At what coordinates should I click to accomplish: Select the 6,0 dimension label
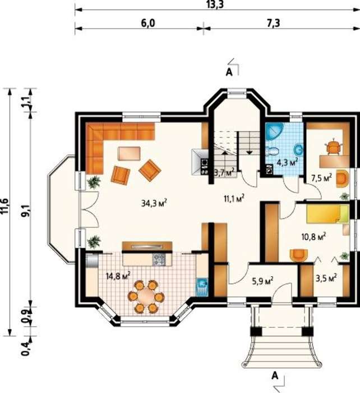[x=148, y=23]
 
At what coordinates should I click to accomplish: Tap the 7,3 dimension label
[x=273, y=23]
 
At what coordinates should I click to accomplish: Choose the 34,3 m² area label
[x=154, y=203]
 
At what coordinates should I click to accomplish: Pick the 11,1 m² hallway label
[x=234, y=199]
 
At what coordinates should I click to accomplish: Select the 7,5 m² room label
[x=321, y=178]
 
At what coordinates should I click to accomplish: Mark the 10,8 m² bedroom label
[x=314, y=236]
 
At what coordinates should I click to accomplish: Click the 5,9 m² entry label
[x=262, y=281]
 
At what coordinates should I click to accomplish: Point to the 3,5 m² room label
[x=326, y=278]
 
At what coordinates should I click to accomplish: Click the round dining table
[x=146, y=296]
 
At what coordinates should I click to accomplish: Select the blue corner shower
[x=274, y=131]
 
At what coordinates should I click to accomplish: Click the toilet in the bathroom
[x=272, y=150]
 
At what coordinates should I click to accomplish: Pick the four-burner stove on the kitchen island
[x=159, y=259]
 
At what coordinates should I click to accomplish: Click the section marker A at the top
[x=229, y=72]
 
